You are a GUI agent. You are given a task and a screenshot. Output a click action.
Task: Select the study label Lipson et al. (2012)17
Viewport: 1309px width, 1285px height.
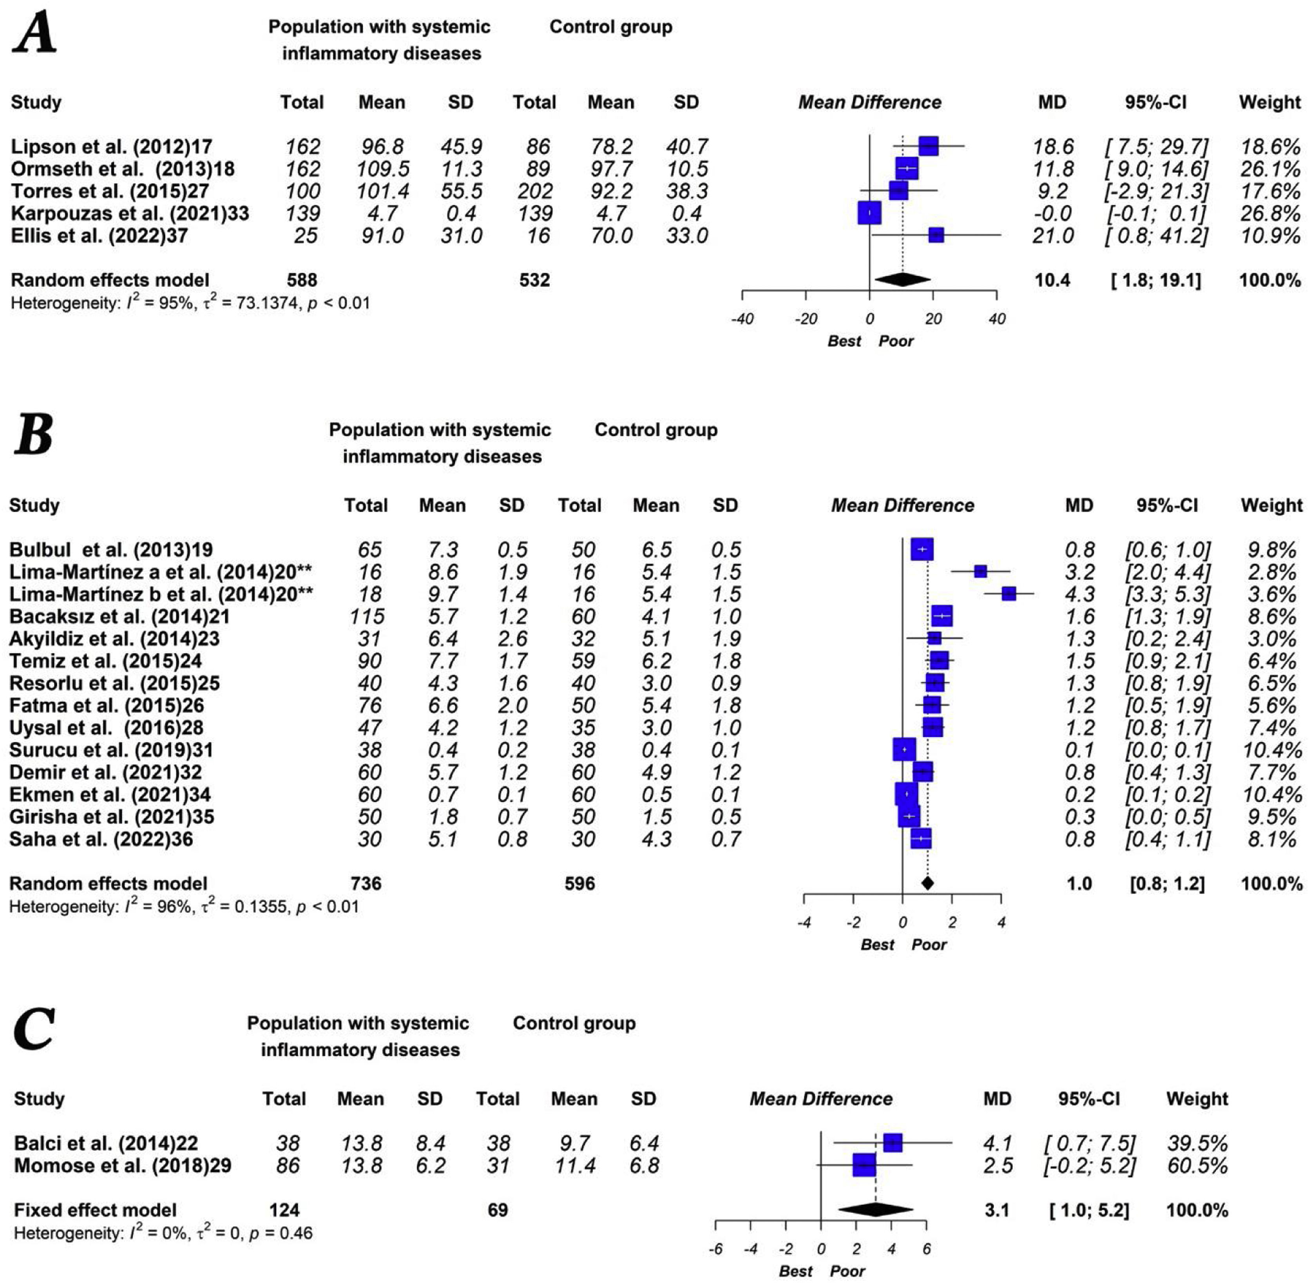[x=111, y=146]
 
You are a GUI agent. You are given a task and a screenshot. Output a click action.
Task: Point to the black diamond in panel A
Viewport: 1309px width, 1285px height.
[x=902, y=280]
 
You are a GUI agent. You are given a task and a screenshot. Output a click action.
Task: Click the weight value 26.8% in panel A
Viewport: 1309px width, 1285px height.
[x=1270, y=213]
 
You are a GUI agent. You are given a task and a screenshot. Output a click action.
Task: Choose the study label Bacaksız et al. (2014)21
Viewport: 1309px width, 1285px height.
[x=119, y=616]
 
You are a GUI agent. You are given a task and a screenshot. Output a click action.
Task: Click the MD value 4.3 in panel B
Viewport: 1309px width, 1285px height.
[x=1080, y=594]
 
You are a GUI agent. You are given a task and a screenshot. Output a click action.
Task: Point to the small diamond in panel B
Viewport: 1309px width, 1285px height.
[x=927, y=883]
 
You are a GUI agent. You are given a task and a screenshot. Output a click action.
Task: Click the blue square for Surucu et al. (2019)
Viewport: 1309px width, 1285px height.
[x=904, y=750]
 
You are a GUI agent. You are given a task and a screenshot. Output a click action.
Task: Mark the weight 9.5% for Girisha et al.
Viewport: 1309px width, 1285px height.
[x=1272, y=817]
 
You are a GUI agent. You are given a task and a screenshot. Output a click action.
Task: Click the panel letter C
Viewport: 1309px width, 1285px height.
[x=34, y=1029]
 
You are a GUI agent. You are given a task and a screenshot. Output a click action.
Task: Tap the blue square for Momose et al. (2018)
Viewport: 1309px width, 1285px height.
[x=864, y=1165]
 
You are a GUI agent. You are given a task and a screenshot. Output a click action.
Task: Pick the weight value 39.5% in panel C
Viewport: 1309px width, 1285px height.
[x=1197, y=1143]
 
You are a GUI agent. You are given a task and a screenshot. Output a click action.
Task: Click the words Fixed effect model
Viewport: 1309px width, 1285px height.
[x=95, y=1210]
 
